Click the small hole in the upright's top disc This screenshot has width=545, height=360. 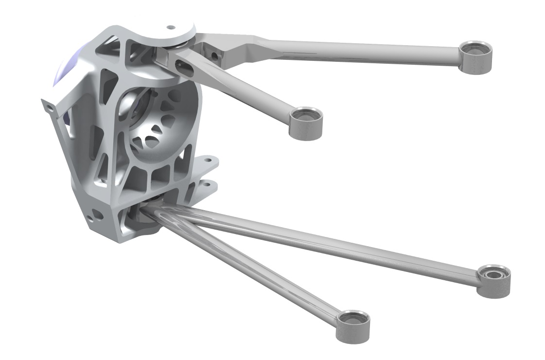171,28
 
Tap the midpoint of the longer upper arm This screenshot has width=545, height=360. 340,49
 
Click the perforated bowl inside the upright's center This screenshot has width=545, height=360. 156,124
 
